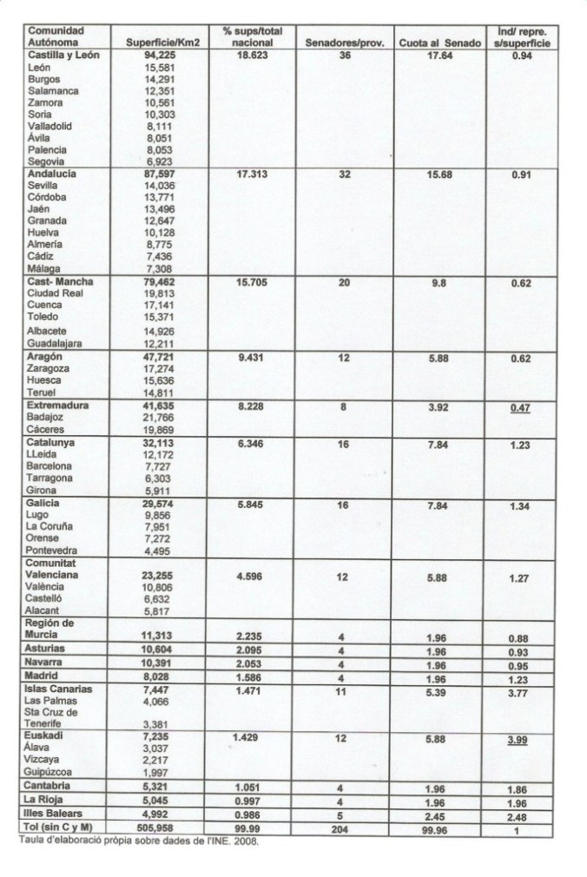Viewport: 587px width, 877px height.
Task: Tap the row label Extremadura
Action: tap(60, 406)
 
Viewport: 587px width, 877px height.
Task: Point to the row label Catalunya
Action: tap(55, 442)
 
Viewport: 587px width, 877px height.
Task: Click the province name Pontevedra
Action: tap(56, 549)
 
